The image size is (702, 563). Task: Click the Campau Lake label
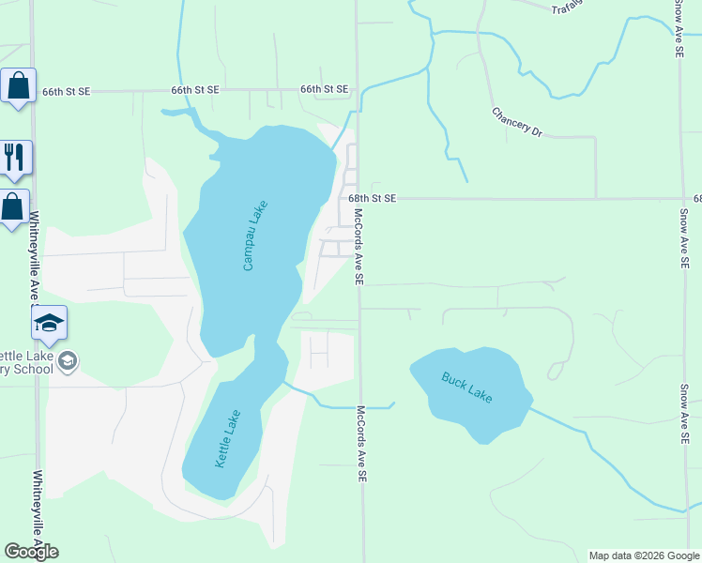pyautogui.click(x=255, y=236)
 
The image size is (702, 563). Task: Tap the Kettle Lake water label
pyautogui.click(x=228, y=439)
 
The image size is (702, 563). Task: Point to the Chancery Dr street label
pyautogui.click(x=517, y=122)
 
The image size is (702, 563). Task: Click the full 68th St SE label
pyautogui.click(x=373, y=199)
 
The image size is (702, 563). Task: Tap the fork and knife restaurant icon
pyautogui.click(x=14, y=157)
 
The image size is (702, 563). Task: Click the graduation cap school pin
pyautogui.click(x=49, y=324)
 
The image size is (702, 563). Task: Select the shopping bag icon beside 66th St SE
pyautogui.click(x=17, y=86)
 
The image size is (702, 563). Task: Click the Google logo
pyautogui.click(x=31, y=552)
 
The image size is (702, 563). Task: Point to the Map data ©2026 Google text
pyautogui.click(x=643, y=555)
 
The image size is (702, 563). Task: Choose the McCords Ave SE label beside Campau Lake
pyautogui.click(x=358, y=246)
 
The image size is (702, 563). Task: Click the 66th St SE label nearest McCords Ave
pyautogui.click(x=324, y=89)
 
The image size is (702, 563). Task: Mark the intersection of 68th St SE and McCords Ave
pyautogui.click(x=358, y=199)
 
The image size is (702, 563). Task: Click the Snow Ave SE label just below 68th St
pyautogui.click(x=683, y=239)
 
